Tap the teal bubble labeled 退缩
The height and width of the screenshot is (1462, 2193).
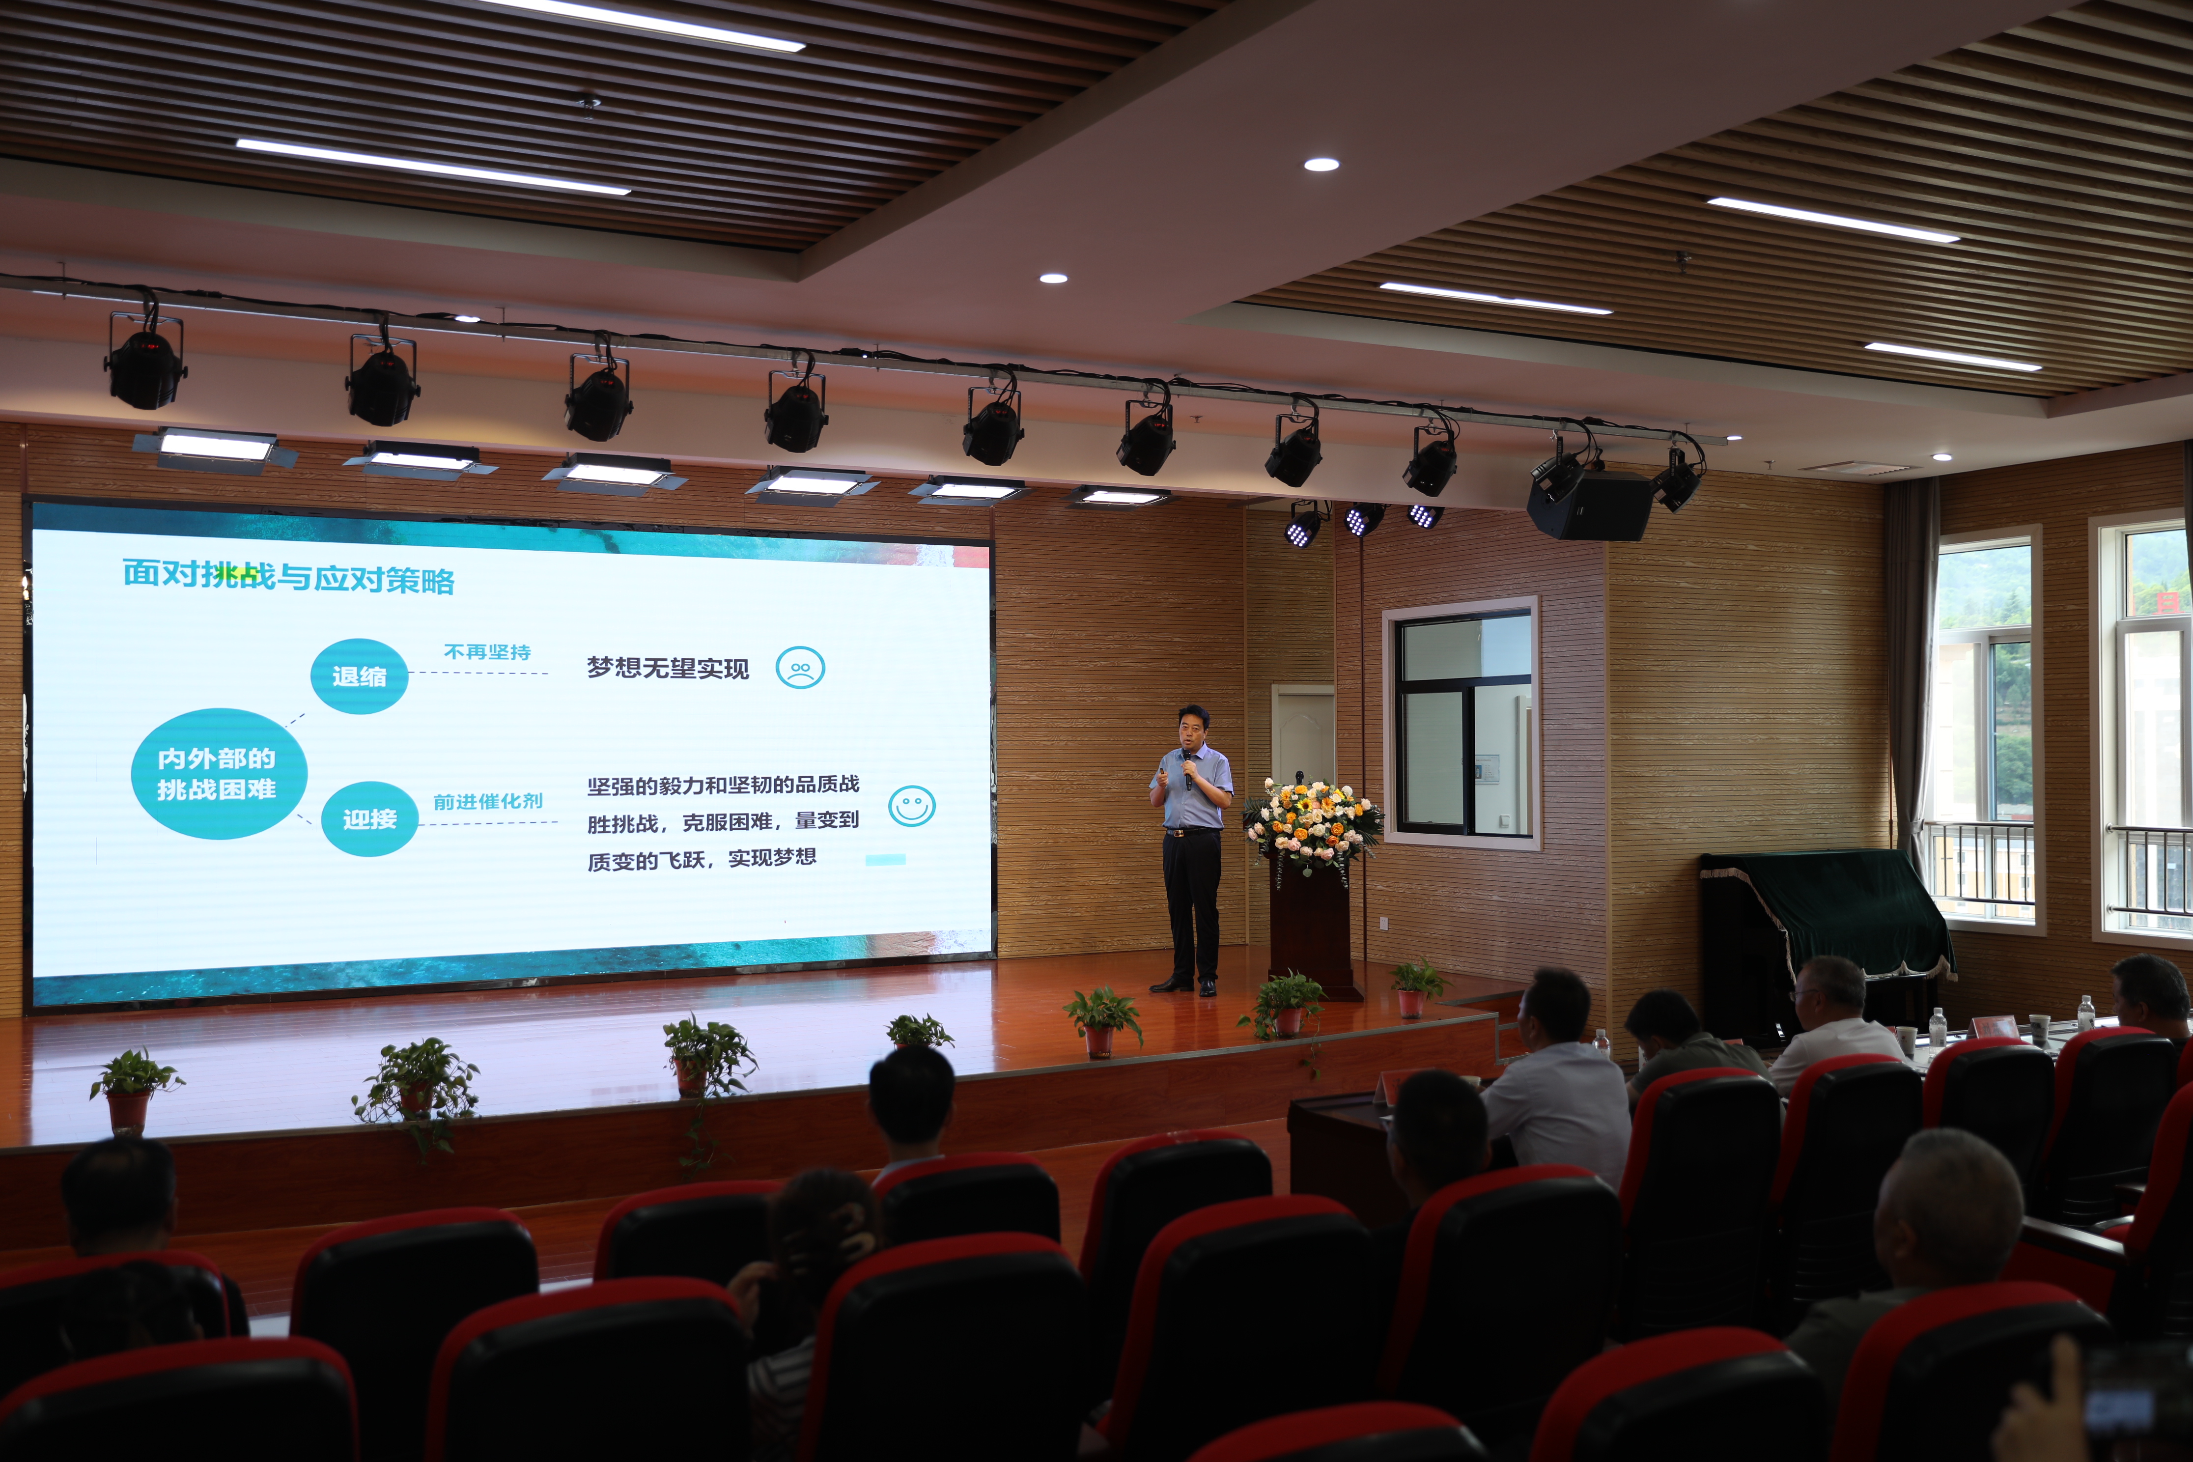tap(359, 676)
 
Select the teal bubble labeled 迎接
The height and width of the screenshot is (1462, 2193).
tap(369, 818)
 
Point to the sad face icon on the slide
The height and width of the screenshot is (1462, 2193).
tap(800, 668)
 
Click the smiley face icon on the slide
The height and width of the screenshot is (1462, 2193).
tap(911, 806)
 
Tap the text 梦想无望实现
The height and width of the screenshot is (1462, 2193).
tap(668, 668)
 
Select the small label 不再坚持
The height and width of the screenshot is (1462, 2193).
tap(487, 652)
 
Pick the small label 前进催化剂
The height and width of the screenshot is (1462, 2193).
tap(488, 801)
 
